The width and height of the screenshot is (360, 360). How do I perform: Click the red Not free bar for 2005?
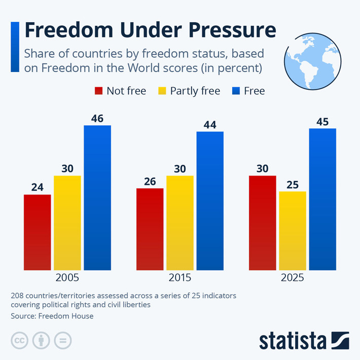[x=38, y=232]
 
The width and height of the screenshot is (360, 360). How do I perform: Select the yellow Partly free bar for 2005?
[x=67, y=223]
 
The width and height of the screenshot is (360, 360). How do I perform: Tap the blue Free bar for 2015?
[x=210, y=201]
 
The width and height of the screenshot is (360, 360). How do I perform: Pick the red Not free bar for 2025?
[x=262, y=223]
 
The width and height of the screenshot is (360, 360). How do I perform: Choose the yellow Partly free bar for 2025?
[x=293, y=231]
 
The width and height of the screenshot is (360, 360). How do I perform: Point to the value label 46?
[x=97, y=119]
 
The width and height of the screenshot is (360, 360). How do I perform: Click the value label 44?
[x=210, y=125]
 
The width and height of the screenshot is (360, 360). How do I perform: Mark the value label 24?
[x=38, y=188]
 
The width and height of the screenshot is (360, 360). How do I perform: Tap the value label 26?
[x=150, y=182]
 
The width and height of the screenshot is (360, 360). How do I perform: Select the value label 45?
[x=322, y=122]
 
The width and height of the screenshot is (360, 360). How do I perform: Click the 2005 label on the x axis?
[x=67, y=278]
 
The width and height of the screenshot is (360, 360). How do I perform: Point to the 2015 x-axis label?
[x=180, y=278]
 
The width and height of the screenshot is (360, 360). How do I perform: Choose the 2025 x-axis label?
[x=293, y=278]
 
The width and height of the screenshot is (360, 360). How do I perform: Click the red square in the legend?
[x=99, y=91]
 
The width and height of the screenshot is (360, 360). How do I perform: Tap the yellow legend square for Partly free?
[x=162, y=91]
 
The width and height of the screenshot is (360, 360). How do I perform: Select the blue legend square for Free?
[x=236, y=91]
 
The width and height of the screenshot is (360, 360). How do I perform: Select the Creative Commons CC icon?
[x=19, y=340]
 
